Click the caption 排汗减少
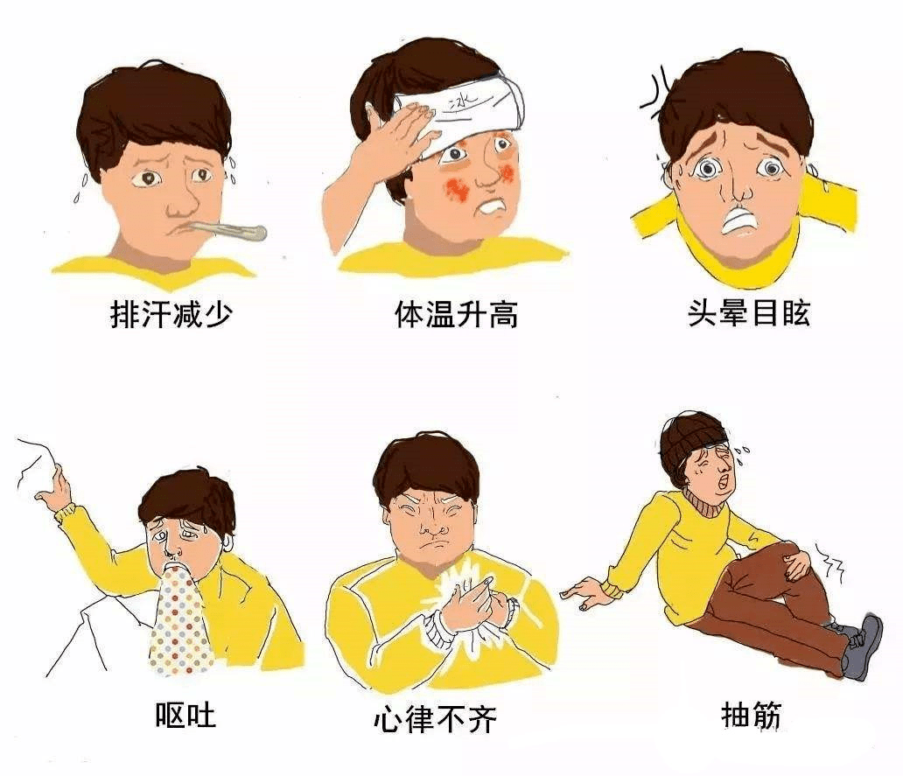coord(171,314)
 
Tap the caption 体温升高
coord(456,314)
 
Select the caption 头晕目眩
coord(749,313)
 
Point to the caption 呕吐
coord(185,715)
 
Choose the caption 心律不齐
coord(436,718)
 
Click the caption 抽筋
coord(752,715)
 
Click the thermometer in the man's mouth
coord(225,230)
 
